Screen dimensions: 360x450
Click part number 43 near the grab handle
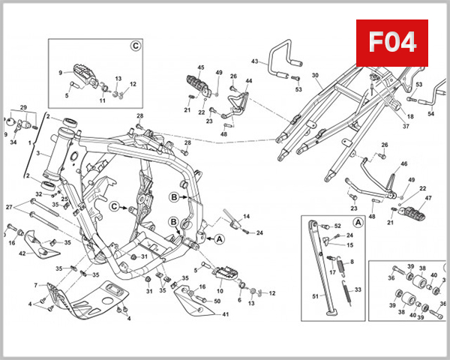click(255, 61)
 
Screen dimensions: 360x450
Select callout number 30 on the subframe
click(315, 75)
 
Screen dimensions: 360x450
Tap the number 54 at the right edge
click(430, 114)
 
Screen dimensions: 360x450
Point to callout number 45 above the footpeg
click(200, 68)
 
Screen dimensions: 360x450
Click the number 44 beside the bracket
click(248, 81)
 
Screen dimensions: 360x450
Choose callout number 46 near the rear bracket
click(403, 163)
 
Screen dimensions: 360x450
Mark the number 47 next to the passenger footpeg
click(429, 199)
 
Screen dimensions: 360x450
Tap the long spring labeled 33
click(358, 289)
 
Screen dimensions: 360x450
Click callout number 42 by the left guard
click(22, 253)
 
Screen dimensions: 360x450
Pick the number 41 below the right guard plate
click(225, 314)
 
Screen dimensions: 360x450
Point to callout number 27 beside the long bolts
click(9, 206)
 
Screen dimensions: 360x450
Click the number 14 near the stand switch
click(246, 216)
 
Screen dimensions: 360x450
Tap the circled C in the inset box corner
click(136, 46)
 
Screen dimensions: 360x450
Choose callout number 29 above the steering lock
click(23, 107)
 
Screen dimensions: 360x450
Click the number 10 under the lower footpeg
click(220, 290)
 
